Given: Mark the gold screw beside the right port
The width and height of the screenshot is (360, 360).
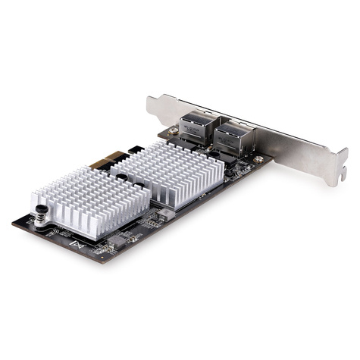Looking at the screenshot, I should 259,160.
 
